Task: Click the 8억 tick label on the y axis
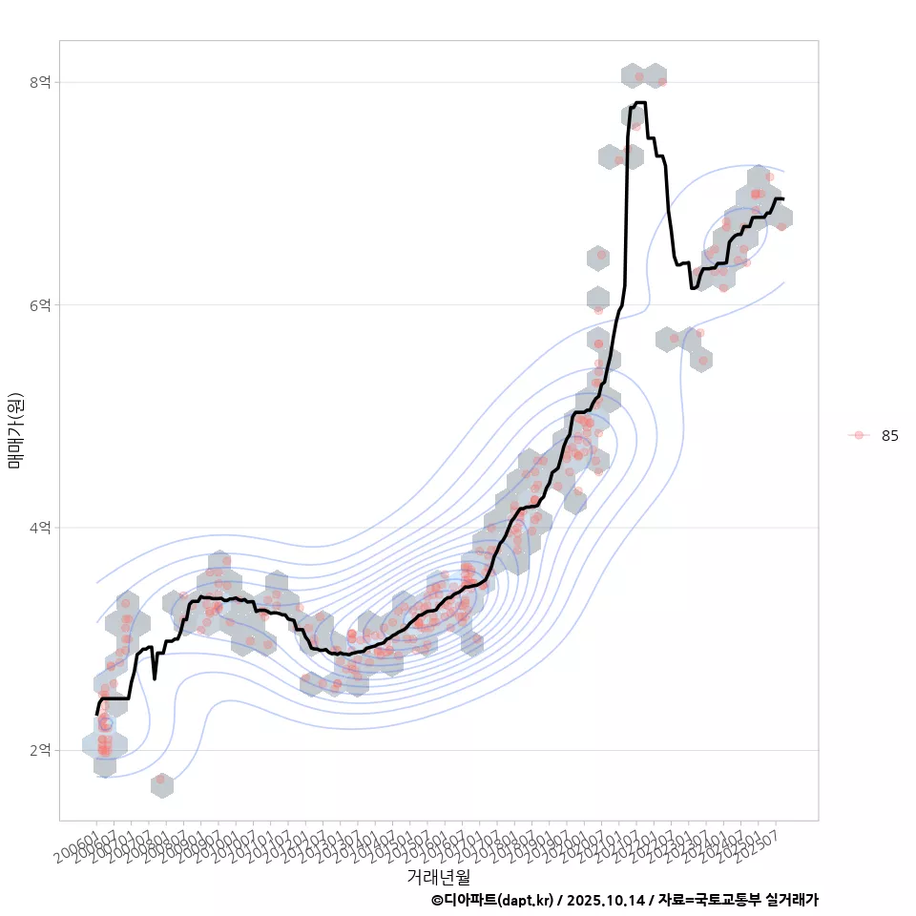(39, 82)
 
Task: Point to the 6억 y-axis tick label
(39, 305)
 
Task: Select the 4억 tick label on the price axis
(39, 528)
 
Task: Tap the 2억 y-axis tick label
(39, 751)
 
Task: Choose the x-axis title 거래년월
(438, 876)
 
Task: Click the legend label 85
(889, 435)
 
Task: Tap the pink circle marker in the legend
(859, 435)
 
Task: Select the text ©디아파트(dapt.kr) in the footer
(492, 900)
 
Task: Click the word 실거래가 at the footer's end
(794, 900)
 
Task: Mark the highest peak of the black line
(639, 102)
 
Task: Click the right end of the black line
(783, 198)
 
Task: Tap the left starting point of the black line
(96, 714)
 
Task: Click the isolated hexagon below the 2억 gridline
(161, 784)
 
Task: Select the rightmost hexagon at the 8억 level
(655, 75)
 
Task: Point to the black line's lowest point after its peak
(693, 288)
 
